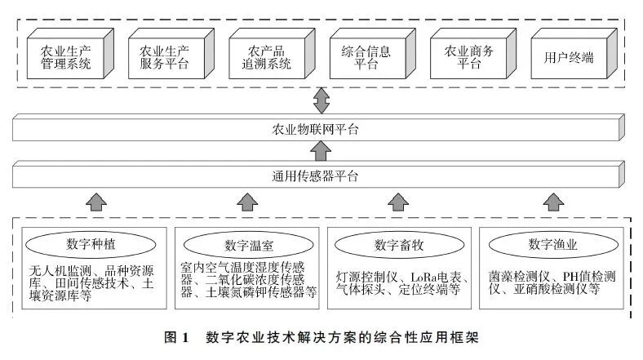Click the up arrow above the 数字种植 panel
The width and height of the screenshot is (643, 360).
[96, 201]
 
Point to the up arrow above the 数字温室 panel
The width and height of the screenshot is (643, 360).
[246, 201]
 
